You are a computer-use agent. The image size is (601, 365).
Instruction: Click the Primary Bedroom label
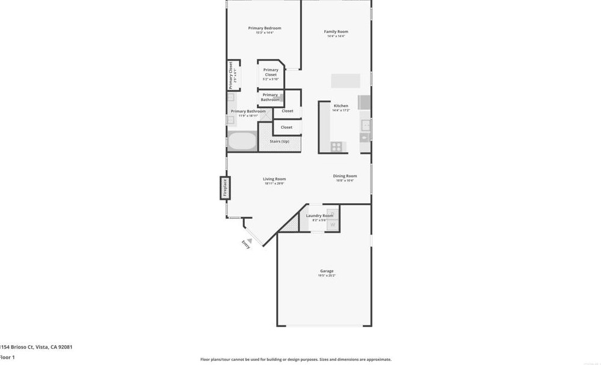click(x=264, y=28)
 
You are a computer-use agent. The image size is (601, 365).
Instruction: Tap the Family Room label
click(x=336, y=32)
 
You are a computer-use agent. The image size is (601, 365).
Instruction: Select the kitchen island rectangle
click(x=345, y=81)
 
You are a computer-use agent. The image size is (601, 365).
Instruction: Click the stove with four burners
click(x=336, y=146)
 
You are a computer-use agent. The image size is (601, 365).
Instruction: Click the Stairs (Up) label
click(x=279, y=141)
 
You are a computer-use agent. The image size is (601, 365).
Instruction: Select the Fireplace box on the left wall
click(x=225, y=188)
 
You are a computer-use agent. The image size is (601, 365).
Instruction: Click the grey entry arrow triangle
click(x=249, y=241)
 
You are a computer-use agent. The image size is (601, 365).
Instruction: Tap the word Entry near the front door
click(x=245, y=245)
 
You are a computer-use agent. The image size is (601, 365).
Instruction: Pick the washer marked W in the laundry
click(x=332, y=225)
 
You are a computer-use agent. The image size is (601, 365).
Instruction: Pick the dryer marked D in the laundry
click(x=332, y=213)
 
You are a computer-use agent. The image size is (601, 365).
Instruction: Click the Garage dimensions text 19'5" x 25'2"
click(x=327, y=275)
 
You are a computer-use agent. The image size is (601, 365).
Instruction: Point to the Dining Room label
click(x=345, y=176)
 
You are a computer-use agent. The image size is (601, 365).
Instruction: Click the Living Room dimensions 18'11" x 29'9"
click(x=274, y=183)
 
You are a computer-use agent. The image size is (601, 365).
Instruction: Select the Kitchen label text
click(x=341, y=106)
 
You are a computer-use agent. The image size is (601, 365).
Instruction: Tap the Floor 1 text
click(x=7, y=357)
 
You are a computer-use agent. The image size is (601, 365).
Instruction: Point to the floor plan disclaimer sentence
click(x=295, y=360)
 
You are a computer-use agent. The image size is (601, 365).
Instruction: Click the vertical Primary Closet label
click(x=230, y=75)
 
